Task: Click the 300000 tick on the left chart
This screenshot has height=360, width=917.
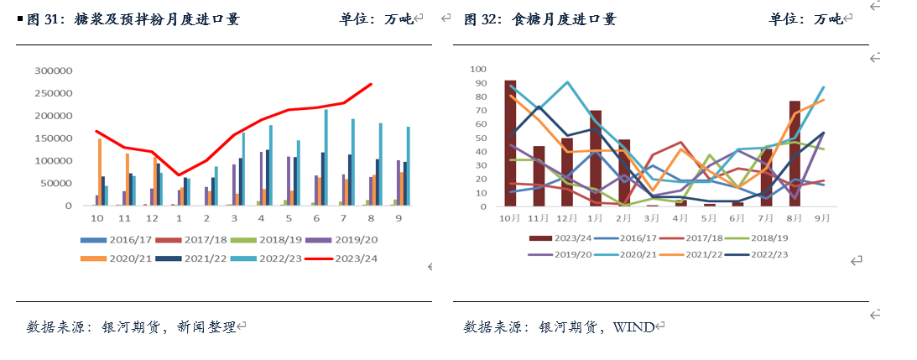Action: coord(54,70)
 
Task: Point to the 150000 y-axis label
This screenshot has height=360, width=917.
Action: coord(54,138)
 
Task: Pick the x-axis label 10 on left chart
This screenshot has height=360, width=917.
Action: coord(98,218)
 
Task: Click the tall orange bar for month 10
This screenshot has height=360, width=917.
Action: coord(100,172)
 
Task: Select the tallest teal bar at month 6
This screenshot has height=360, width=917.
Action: coord(326,158)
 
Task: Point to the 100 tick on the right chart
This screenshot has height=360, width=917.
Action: coord(479,69)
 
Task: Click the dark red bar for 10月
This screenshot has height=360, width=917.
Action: coord(510,143)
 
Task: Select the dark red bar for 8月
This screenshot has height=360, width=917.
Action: coord(795,153)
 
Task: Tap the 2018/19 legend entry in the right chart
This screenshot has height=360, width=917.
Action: coord(767,237)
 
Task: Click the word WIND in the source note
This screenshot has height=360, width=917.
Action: coord(633,326)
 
